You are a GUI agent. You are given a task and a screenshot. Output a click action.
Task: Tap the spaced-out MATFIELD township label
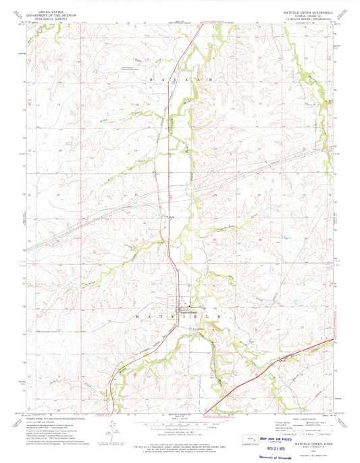(179, 297)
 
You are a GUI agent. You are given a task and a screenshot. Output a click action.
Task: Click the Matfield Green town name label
(187, 293)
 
